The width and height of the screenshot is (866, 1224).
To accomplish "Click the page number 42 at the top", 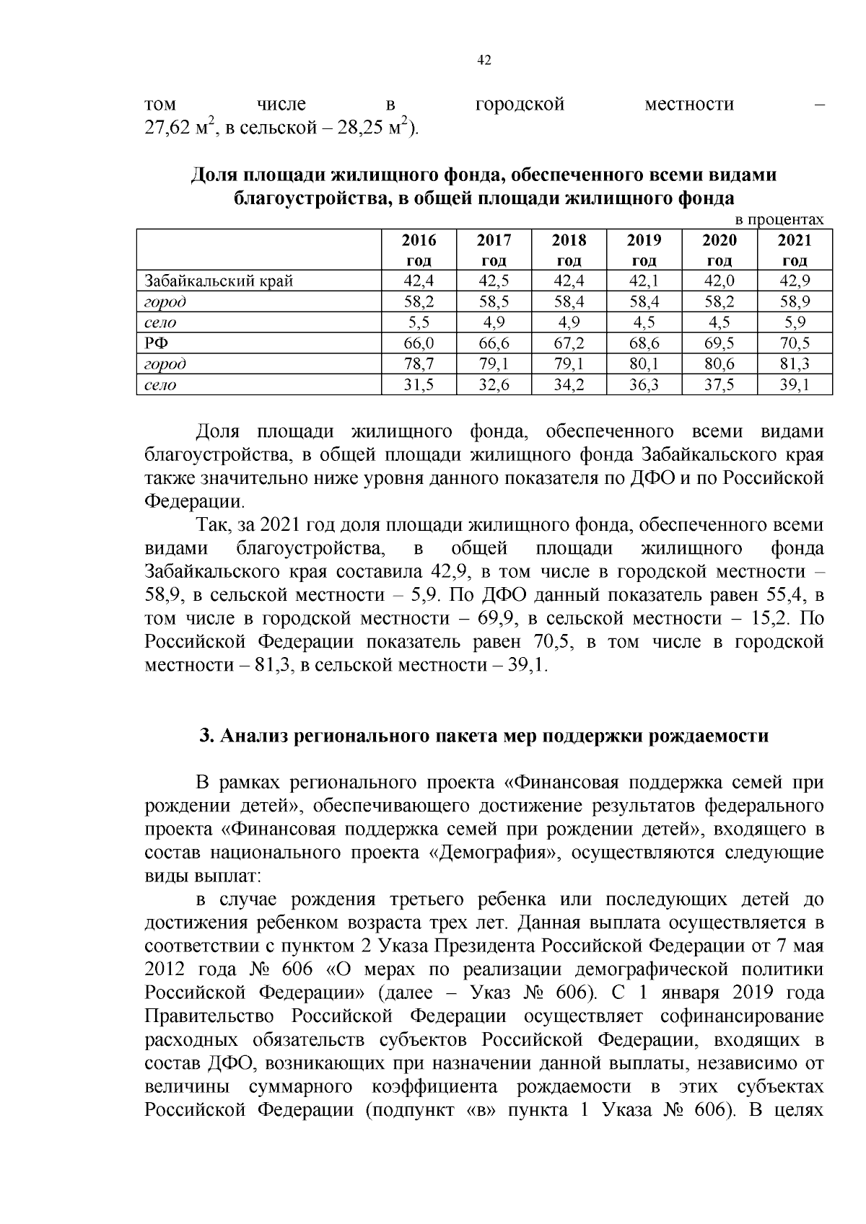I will tap(484, 61).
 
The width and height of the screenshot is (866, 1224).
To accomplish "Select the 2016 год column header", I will tap(419, 250).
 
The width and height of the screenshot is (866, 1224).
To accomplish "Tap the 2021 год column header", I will tap(795, 250).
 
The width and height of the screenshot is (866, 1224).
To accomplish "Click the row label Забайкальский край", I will tap(219, 281).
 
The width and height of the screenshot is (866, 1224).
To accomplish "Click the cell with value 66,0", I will tap(419, 343).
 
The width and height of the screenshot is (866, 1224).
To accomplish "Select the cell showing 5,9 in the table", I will tap(795, 322).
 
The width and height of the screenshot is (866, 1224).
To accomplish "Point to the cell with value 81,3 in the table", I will tap(795, 364).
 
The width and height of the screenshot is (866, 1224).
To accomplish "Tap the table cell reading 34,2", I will tap(569, 385).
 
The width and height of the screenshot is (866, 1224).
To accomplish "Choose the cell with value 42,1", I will tap(644, 281).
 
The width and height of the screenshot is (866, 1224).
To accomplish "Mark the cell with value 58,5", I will tap(494, 301).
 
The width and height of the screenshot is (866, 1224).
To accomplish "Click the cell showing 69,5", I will tap(720, 343).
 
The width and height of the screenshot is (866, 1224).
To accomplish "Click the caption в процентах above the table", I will tap(779, 219).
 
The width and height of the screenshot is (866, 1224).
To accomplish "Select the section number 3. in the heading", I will tap(206, 736).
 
